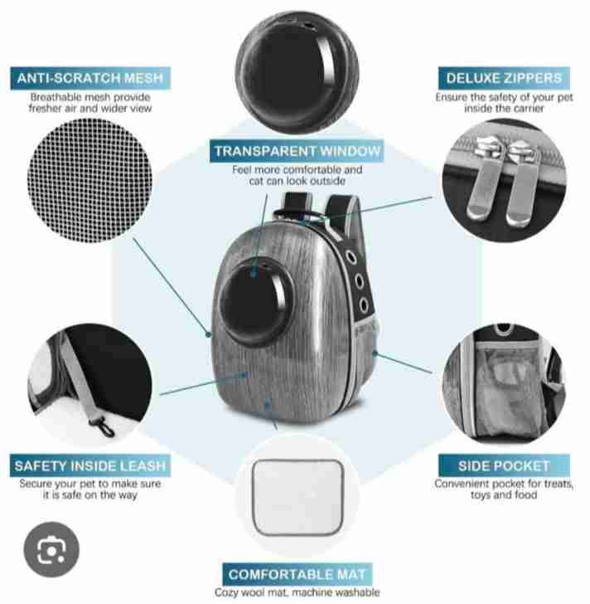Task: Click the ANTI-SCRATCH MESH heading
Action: click(90, 78)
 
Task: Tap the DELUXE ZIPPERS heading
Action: click(504, 78)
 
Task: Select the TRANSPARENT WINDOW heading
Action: click(297, 151)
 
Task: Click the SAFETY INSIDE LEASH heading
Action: click(90, 465)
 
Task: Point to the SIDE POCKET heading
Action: click(504, 465)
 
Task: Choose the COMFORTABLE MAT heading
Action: click(297, 574)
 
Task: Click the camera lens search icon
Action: click(51, 550)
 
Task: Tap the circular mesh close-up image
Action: click(89, 180)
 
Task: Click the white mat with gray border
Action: click(297, 497)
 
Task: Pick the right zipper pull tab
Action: click(521, 184)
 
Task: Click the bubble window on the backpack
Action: click(256, 302)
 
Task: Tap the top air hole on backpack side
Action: click(351, 256)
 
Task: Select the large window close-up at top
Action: click(297, 72)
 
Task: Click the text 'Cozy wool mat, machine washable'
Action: click(297, 592)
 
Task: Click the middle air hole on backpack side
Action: click(359, 280)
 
